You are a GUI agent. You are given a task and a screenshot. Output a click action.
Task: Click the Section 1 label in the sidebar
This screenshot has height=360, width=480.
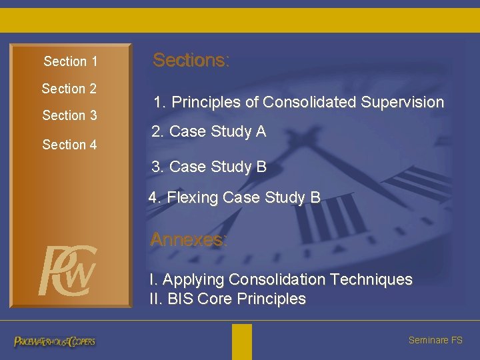[x=71, y=61]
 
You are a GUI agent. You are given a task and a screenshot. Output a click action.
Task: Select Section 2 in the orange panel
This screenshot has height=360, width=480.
[x=69, y=89]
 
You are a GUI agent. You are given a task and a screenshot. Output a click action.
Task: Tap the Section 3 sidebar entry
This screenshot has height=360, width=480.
[x=69, y=115]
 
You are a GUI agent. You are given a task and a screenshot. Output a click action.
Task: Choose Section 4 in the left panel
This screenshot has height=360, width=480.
[x=69, y=144]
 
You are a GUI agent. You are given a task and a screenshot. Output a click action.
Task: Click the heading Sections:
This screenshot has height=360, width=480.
[x=191, y=60]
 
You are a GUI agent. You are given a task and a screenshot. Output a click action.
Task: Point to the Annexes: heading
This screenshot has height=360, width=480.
[x=189, y=239]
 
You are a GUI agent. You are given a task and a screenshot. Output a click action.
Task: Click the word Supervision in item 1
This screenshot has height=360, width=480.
[x=402, y=102]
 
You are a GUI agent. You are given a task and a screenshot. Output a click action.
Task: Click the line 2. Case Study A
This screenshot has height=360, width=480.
[x=209, y=131]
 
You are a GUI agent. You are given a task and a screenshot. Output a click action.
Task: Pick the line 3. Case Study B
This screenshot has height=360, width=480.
[x=209, y=166]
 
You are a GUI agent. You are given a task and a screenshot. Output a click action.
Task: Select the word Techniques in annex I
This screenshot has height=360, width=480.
[x=371, y=279]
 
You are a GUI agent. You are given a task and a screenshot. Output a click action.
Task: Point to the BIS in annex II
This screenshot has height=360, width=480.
[x=180, y=299]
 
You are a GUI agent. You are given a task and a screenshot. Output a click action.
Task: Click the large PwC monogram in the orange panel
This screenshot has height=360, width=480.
[x=67, y=271]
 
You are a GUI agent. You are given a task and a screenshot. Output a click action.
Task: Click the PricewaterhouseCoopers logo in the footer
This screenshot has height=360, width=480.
[x=55, y=341]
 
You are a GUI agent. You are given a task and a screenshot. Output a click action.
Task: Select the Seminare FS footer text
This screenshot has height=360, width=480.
[x=435, y=340]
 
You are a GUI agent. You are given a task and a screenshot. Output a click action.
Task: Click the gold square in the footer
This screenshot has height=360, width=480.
[x=242, y=341]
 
